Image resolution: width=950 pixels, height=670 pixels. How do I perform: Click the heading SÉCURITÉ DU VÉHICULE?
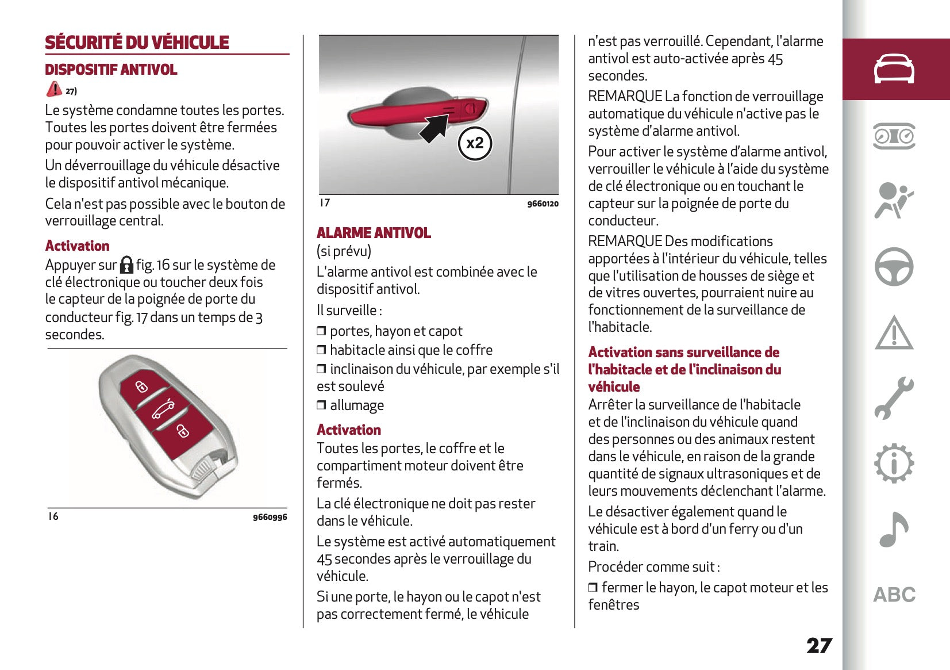[137, 42]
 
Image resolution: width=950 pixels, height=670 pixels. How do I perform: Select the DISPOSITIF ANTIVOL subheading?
[111, 70]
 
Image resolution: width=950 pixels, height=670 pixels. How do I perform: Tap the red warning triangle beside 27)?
[54, 89]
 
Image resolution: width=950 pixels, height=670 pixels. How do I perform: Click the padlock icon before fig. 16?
[126, 265]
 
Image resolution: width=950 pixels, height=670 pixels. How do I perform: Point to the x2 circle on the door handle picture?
[475, 143]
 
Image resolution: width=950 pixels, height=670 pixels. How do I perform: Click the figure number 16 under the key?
[53, 516]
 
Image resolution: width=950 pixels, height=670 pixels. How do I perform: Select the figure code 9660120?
[543, 204]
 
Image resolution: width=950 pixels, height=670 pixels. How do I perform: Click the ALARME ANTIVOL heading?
[374, 233]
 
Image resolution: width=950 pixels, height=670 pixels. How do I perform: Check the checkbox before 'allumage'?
[321, 405]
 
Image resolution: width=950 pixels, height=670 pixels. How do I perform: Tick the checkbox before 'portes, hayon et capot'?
[321, 331]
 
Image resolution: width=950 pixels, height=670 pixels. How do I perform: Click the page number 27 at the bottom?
[819, 645]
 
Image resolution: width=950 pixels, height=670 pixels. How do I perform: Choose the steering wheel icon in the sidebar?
[894, 267]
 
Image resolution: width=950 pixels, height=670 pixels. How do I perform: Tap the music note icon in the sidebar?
[894, 529]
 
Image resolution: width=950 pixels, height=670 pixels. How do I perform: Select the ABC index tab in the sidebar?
[894, 595]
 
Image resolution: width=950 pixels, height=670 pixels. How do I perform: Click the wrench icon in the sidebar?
[894, 397]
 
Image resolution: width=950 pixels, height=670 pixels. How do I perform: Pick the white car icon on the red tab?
[894, 69]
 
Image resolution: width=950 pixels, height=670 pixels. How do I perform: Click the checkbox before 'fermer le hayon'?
[593, 588]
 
